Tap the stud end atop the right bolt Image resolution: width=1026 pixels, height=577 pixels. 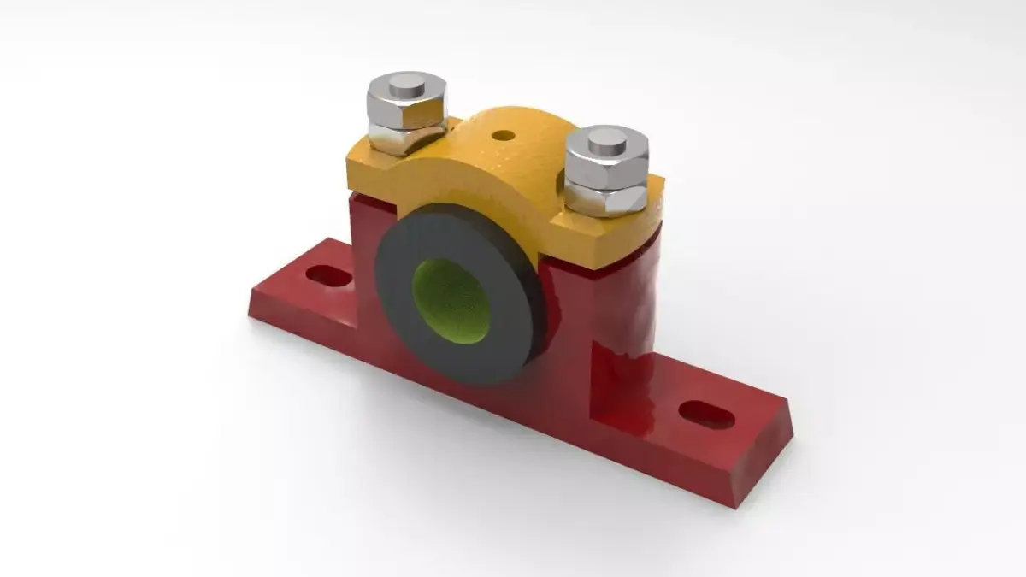click(x=607, y=137)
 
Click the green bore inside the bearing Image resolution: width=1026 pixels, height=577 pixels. click(x=452, y=297)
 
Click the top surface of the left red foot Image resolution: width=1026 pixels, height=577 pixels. click(x=299, y=282)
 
